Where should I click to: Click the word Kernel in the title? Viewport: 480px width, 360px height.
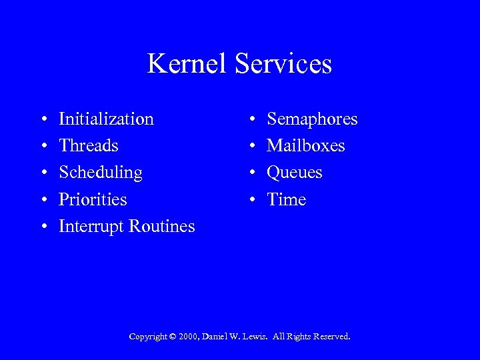[x=183, y=64]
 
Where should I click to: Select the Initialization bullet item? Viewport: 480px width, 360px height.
[x=106, y=119]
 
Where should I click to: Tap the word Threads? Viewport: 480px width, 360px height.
[x=89, y=146]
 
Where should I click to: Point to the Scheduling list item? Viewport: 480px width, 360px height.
[x=101, y=173]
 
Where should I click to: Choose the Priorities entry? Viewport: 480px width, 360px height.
[x=93, y=200]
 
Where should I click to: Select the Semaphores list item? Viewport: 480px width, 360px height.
[x=312, y=119]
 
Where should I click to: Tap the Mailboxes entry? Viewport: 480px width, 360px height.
[x=306, y=146]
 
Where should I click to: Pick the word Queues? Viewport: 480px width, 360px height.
[x=295, y=173]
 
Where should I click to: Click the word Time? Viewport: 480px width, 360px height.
[x=287, y=199]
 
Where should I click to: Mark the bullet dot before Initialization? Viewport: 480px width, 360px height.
[x=43, y=120]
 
